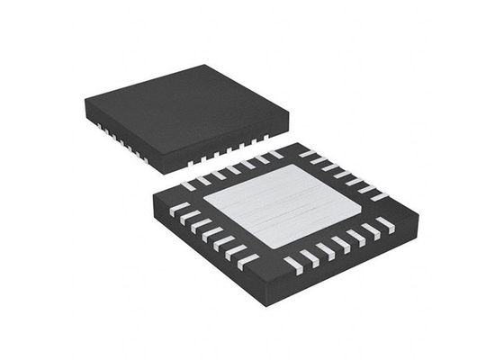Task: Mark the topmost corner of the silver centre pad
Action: [x=287, y=168]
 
